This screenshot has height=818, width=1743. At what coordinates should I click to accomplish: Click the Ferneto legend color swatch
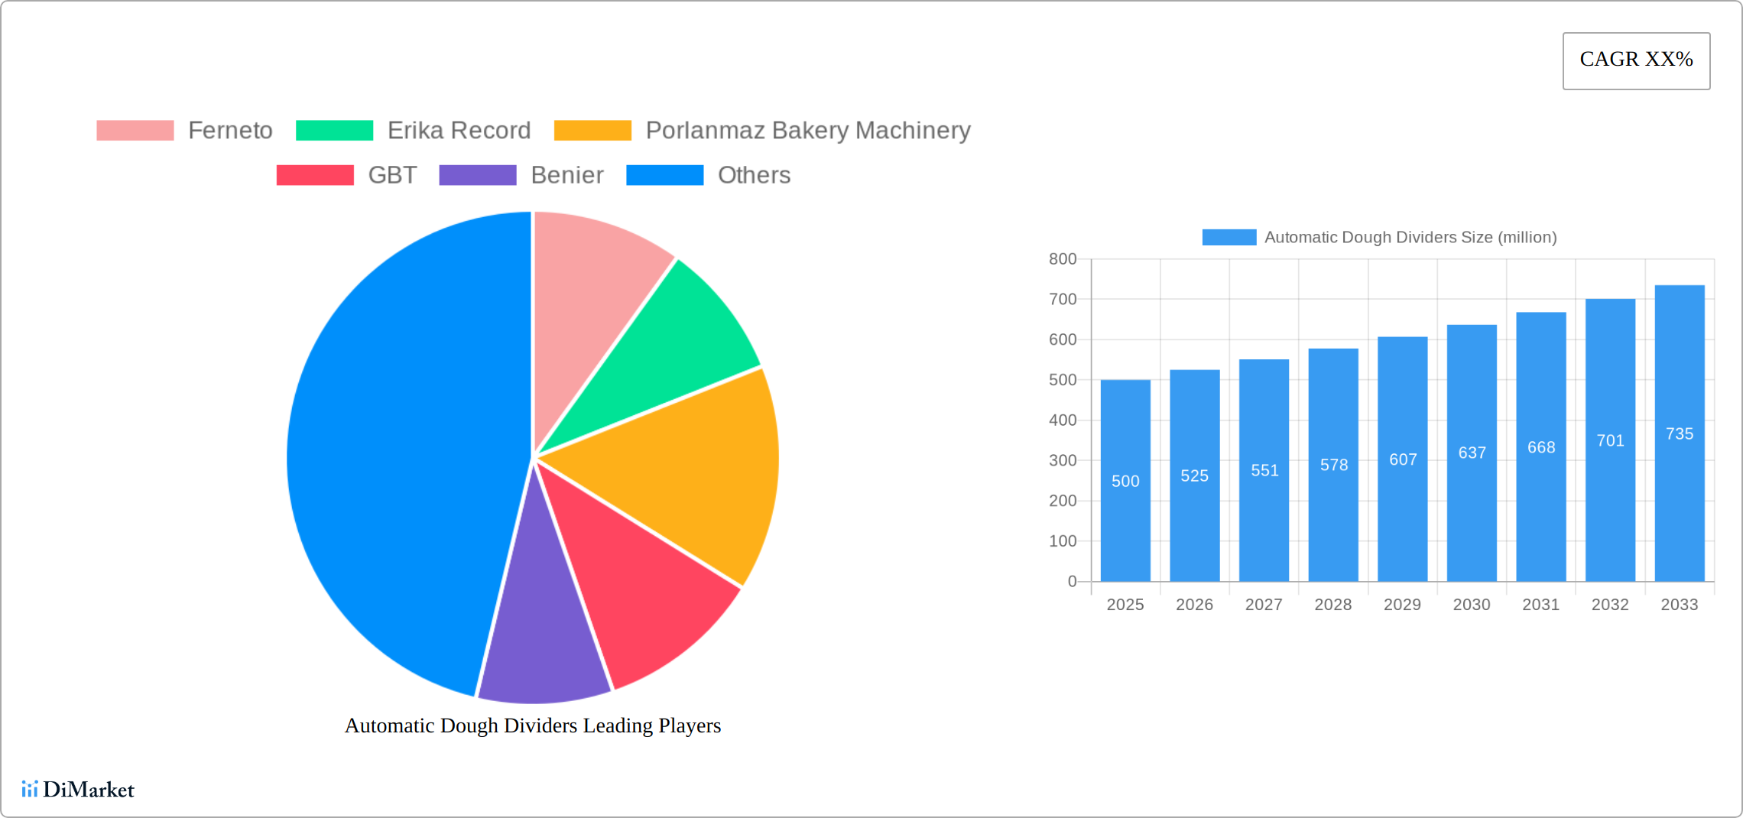(x=135, y=131)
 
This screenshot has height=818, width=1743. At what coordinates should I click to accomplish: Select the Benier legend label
(x=566, y=175)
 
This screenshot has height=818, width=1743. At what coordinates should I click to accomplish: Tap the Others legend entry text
(x=753, y=175)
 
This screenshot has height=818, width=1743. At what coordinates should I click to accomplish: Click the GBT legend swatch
(x=315, y=175)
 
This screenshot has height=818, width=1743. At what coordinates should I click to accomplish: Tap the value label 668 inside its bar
(x=1541, y=447)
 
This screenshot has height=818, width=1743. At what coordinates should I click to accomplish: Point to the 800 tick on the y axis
(x=1063, y=259)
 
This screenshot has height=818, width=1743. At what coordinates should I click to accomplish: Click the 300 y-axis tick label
(x=1063, y=460)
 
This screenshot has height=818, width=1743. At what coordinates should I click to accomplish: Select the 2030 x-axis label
(x=1472, y=605)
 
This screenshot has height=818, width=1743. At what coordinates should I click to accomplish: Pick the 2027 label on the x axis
(x=1264, y=605)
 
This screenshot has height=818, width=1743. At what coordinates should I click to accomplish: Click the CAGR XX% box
(x=1636, y=60)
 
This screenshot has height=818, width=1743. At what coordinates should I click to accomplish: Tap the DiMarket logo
(x=78, y=789)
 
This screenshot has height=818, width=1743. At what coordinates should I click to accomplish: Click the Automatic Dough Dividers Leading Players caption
(x=533, y=725)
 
